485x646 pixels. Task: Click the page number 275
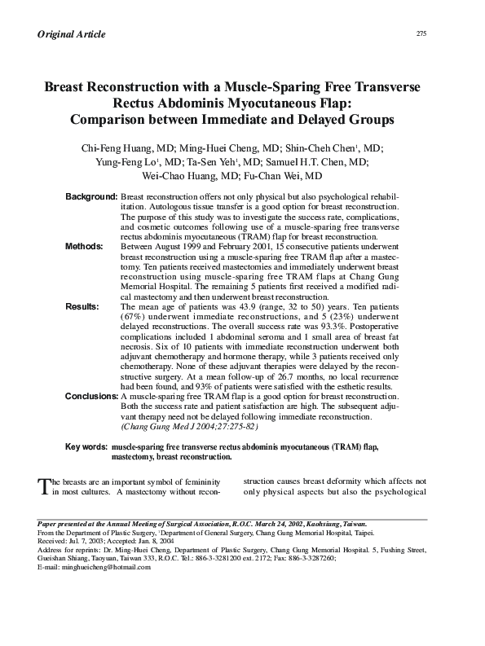click(421, 33)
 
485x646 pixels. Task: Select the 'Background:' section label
click(91, 198)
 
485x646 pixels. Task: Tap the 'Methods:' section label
click(84, 245)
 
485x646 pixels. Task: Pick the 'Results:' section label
click(82, 306)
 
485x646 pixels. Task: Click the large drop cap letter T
click(45, 486)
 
